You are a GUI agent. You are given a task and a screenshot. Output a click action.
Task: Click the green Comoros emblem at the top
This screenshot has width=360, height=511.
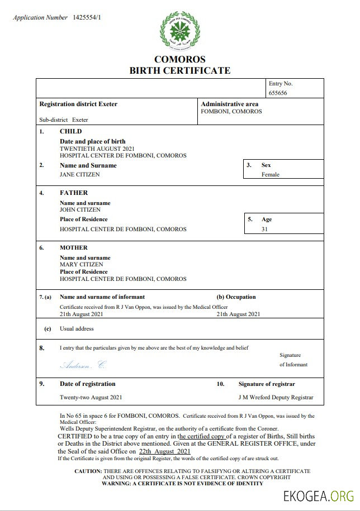[179, 31]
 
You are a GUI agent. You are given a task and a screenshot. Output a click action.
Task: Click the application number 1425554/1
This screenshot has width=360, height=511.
[87, 18]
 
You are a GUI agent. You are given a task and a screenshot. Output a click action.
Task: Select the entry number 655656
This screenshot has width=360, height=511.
[278, 93]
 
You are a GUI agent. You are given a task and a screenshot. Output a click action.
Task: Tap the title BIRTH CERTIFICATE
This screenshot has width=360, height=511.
[179, 70]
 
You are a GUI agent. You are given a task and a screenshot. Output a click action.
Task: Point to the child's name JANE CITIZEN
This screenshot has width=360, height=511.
[80, 174]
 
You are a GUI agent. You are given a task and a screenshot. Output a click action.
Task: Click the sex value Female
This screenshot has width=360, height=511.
[271, 174]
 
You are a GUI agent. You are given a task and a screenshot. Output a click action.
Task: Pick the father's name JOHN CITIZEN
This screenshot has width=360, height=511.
[80, 209]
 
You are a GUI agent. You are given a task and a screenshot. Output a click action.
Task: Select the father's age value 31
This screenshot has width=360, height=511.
[264, 229]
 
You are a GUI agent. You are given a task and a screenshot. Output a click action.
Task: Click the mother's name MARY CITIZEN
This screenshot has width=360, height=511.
[81, 264]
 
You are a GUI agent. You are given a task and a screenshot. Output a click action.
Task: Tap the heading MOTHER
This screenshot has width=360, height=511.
[74, 247]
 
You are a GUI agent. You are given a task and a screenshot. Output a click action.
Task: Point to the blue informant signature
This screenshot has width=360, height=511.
[82, 365]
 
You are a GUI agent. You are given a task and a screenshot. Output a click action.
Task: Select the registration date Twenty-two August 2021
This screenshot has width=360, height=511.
[91, 398]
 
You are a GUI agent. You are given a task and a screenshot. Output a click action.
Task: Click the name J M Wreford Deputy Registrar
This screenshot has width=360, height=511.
[276, 398]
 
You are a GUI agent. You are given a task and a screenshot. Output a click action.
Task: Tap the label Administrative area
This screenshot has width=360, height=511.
[229, 104]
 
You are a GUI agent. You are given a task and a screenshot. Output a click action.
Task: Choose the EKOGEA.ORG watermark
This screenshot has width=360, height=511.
[318, 495]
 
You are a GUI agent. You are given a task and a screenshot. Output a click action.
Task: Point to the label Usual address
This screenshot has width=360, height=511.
[77, 329]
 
